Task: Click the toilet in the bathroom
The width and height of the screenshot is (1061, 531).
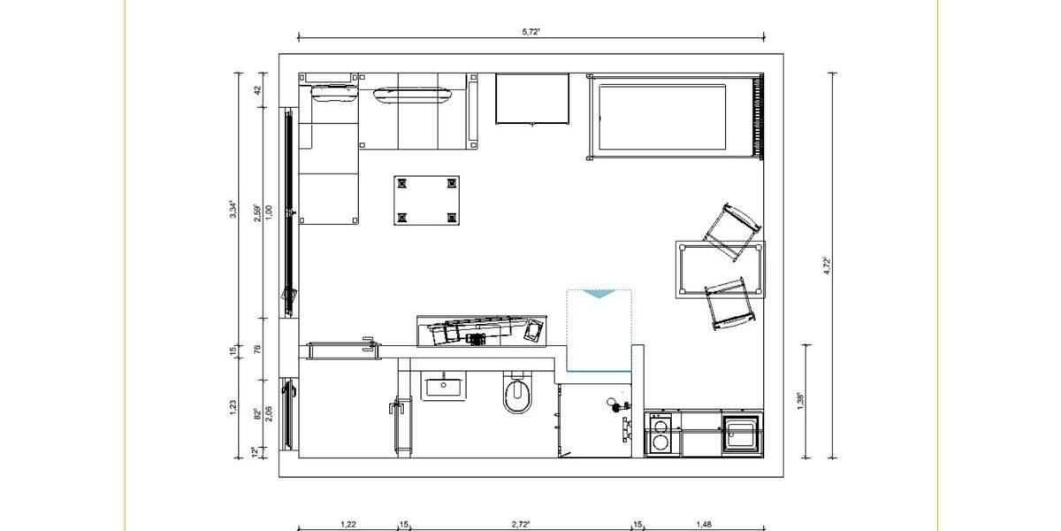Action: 518,396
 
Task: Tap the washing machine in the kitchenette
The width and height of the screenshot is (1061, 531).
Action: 659,436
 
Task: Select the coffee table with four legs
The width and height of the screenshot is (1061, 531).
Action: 427,200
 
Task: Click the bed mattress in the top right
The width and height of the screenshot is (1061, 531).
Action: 663,117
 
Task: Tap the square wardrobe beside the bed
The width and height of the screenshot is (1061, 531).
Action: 531,99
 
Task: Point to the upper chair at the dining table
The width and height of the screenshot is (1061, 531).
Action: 732,232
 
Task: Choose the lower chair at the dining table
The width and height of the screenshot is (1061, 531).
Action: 730,303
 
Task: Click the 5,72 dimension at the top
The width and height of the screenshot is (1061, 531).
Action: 531,31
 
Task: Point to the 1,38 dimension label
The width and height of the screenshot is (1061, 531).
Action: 800,399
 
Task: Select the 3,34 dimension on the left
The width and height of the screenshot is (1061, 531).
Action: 233,209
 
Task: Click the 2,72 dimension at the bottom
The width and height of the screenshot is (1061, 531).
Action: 521,524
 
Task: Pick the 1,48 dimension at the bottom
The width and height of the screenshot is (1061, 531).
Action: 704,524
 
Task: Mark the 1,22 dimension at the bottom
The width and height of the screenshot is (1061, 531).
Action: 348,524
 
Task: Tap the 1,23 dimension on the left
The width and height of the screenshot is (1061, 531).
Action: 233,406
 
